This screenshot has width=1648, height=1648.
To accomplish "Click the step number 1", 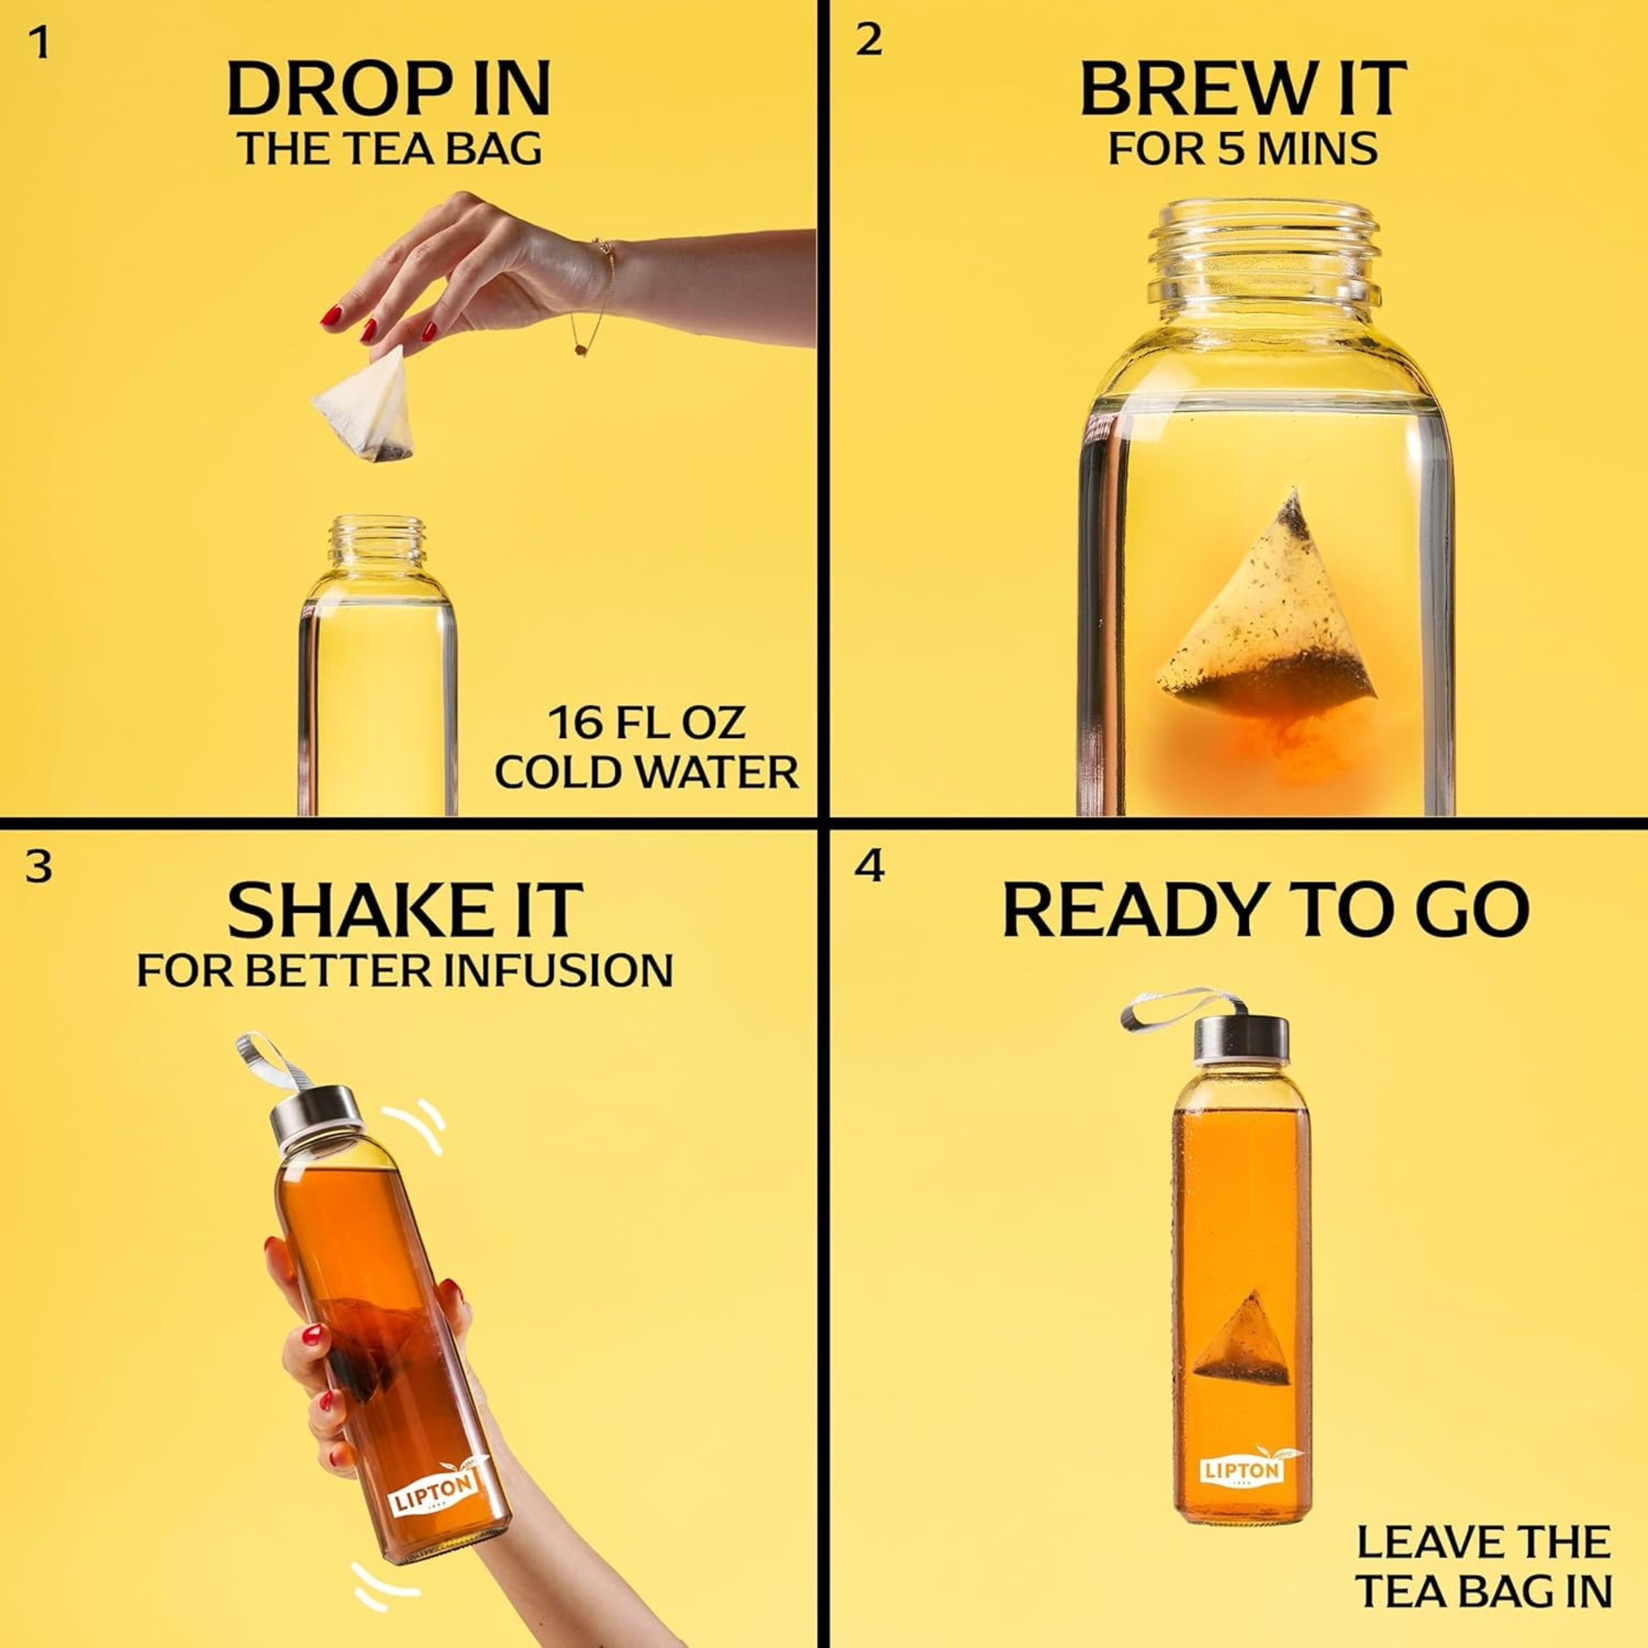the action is click(39, 43).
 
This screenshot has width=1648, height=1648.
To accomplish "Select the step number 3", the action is click(39, 867).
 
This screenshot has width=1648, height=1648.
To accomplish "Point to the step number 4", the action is click(869, 866).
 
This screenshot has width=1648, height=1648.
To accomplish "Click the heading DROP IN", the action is click(389, 88).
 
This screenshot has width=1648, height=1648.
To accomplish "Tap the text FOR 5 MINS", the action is click(1242, 148).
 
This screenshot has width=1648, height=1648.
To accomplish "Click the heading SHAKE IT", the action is click(405, 911).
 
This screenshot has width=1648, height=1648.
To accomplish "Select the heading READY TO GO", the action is click(1265, 910).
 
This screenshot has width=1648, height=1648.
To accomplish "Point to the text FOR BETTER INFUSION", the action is click(405, 971).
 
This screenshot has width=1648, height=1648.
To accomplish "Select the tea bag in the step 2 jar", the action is click(1266, 605).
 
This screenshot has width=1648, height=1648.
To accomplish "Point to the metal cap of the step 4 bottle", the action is click(1241, 1040).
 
